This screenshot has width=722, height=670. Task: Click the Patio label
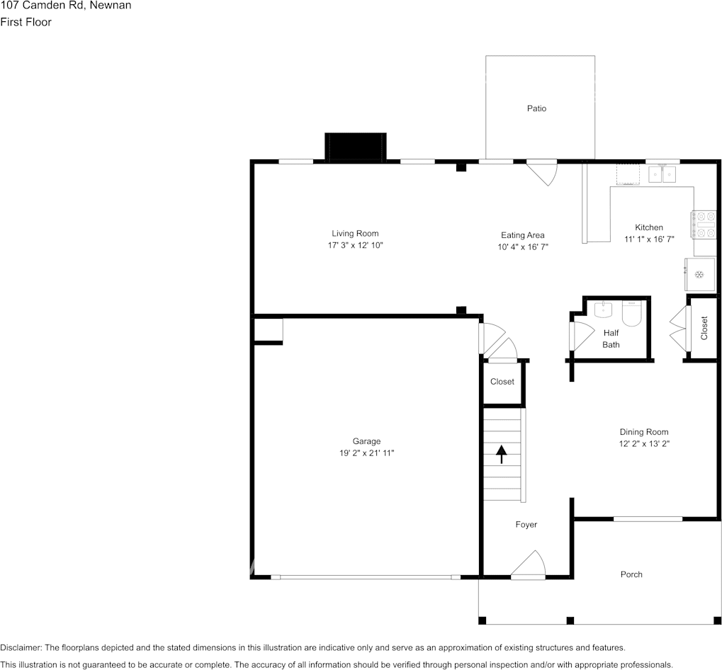pos(536,108)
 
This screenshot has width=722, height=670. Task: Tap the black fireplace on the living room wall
pos(355,147)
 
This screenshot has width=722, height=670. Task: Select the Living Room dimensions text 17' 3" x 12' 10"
pos(355,245)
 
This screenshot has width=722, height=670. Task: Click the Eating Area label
pos(522,235)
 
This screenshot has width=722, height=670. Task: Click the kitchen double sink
pos(662,173)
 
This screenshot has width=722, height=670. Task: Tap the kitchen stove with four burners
pos(705,225)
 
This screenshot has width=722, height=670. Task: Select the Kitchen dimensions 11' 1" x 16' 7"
pos(648,239)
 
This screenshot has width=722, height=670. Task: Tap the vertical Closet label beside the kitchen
pos(704,328)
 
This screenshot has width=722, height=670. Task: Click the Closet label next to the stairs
pos(502,382)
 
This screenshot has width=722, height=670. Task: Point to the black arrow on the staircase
pos(502,453)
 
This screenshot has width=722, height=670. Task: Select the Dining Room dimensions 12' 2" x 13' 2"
pos(644,444)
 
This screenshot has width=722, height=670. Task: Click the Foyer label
pos(526,525)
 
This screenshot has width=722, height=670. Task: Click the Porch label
pos(631,574)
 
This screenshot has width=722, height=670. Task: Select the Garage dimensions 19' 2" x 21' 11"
pos(366,453)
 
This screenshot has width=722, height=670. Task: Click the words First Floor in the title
pos(26,22)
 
